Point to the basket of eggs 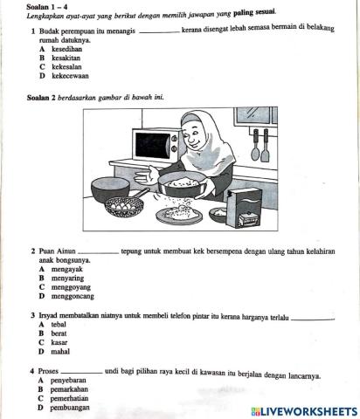pyautogui.click(x=124, y=207)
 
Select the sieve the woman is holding pyautogui.click(x=184, y=183)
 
